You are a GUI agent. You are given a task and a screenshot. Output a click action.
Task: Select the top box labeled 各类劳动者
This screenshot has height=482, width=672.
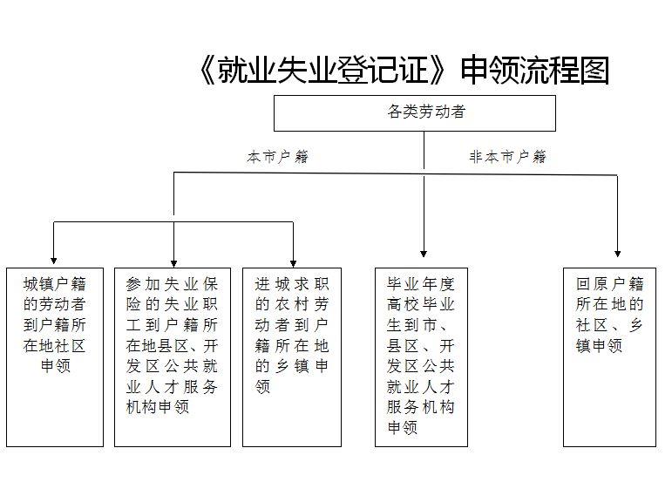[x=415, y=113]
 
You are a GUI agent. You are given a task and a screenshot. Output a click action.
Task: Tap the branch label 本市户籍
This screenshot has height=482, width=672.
[x=278, y=157]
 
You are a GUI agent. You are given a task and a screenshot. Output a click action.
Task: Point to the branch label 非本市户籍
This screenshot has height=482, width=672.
[x=508, y=157]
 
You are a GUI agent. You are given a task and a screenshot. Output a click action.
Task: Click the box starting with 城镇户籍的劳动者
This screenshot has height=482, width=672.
[x=55, y=357]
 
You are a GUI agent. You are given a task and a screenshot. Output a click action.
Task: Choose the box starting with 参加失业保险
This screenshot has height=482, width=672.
[x=173, y=357]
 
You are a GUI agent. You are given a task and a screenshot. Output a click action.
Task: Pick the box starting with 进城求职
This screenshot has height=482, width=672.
[x=292, y=357]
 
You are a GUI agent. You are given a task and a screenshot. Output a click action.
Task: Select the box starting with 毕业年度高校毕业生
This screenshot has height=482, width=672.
[x=421, y=357]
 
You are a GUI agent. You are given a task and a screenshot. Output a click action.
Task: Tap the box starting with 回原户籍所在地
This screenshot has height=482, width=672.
[x=609, y=357]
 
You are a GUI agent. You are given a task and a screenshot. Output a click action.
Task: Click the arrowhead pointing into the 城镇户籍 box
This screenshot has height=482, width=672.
[x=53, y=261]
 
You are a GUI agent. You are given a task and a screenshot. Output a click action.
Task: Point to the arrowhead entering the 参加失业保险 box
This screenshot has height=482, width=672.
[x=173, y=263]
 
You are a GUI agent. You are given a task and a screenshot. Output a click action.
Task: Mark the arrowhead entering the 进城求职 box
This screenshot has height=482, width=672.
[x=293, y=263]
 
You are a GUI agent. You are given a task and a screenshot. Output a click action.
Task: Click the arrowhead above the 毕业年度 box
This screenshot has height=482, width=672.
[x=424, y=254]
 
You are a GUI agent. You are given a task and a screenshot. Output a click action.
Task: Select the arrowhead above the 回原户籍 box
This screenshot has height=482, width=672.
[x=618, y=254]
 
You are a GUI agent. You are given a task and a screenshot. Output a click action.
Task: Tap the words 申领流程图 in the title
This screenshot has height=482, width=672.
[x=535, y=70]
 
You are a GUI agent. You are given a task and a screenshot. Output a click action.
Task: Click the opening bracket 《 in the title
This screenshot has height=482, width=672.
[x=207, y=71]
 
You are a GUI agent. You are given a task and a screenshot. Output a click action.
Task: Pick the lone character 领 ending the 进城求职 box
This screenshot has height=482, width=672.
[x=262, y=387]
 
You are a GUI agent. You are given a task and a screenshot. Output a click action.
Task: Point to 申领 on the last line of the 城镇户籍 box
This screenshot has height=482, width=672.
[x=55, y=366]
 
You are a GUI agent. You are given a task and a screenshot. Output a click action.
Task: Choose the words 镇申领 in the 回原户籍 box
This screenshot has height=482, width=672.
[x=599, y=346]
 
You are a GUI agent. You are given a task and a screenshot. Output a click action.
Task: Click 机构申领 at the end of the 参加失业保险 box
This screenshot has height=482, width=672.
[x=158, y=407]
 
